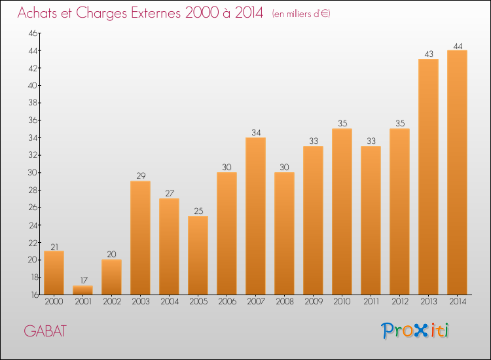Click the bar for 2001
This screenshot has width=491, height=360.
pyautogui.click(x=82, y=290)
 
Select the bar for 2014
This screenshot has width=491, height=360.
pyautogui.click(x=457, y=172)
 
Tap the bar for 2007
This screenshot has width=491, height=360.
pyautogui.click(x=255, y=216)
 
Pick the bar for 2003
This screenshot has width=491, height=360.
pyautogui.click(x=140, y=238)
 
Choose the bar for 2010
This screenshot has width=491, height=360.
pyautogui.click(x=342, y=211)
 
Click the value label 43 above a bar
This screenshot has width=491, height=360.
pyautogui.click(x=428, y=54)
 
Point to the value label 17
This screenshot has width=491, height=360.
pyautogui.click(x=82, y=281)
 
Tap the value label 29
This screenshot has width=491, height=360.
pyautogui.click(x=140, y=176)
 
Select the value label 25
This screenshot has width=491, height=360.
pyautogui.click(x=198, y=211)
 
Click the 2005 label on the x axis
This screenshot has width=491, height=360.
pyautogui.click(x=198, y=302)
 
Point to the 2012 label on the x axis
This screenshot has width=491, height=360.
pyautogui.click(x=399, y=302)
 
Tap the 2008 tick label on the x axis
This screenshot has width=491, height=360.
pyautogui.click(x=284, y=302)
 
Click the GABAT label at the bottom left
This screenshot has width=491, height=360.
pyautogui.click(x=45, y=331)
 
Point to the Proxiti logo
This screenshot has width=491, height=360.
pyautogui.click(x=415, y=331)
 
